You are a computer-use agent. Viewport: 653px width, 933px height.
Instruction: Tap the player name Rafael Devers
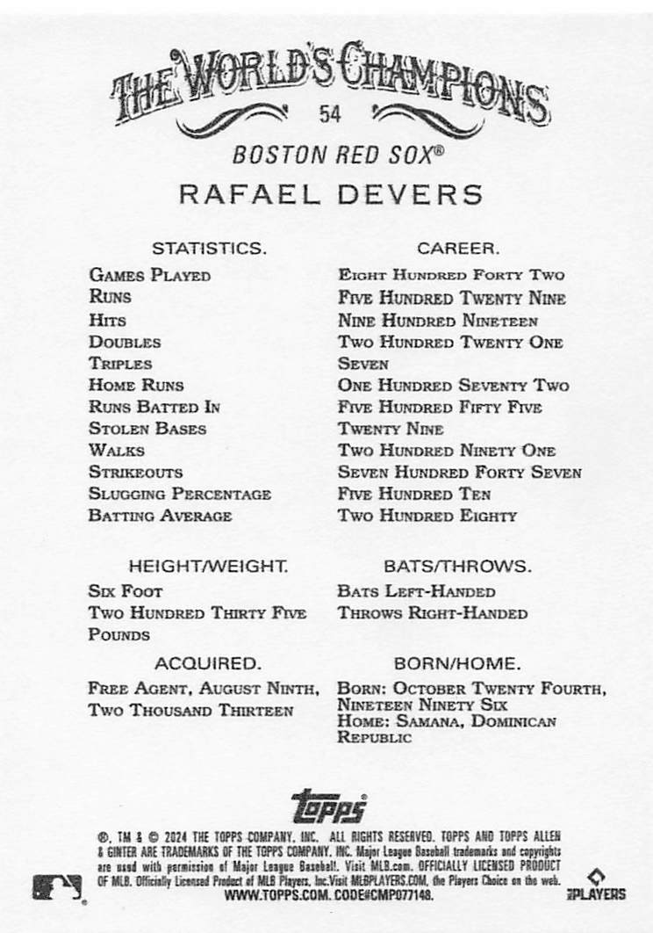(331, 194)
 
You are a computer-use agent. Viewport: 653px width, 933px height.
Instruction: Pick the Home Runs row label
(136, 385)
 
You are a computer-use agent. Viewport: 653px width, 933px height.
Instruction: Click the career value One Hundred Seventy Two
(453, 386)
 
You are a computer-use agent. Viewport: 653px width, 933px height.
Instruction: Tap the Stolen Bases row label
(147, 429)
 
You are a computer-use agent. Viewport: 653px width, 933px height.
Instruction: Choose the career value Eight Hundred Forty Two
(451, 275)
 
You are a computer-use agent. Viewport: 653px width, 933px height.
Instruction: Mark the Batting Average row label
(160, 516)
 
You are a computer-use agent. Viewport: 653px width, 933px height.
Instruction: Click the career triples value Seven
(362, 364)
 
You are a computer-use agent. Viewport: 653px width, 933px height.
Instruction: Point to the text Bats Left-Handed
(416, 591)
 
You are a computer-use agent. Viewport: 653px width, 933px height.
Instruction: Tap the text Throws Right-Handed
(433, 613)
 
